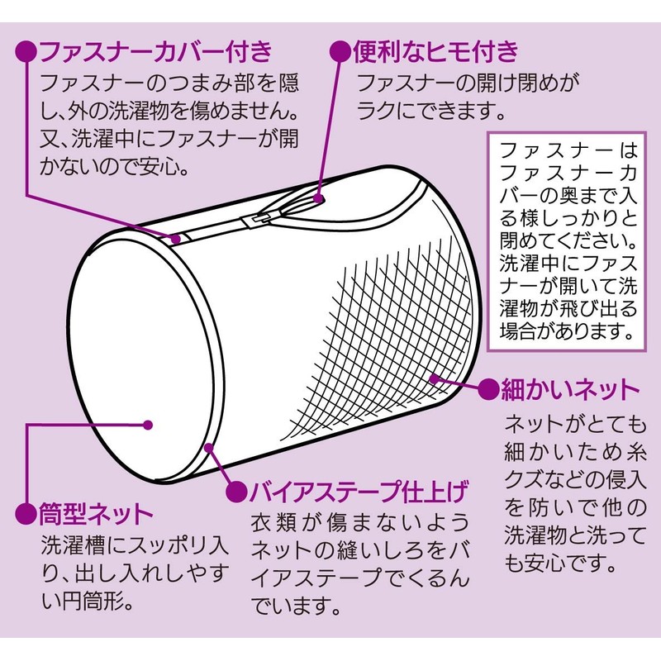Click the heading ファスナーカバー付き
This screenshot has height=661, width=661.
(156, 51)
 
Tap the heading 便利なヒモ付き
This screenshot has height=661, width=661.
(435, 51)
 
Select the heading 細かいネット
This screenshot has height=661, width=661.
(570, 389)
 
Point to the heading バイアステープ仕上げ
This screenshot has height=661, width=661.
(359, 492)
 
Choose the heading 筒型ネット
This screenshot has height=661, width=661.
(96, 514)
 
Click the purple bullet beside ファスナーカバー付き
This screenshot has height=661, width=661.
(26, 52)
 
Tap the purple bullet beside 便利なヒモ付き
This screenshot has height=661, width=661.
(340, 52)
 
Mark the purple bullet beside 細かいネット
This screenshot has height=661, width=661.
(489, 388)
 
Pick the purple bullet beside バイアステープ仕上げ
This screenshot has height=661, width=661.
(236, 492)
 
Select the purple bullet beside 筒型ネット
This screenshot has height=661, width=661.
(26, 514)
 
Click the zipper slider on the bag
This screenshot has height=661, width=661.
(255, 220)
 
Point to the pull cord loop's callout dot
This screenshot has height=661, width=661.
(319, 197)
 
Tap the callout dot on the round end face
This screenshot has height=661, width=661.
(148, 425)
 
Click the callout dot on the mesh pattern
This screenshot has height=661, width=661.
(433, 378)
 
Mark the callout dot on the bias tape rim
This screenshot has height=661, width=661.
(209, 448)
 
